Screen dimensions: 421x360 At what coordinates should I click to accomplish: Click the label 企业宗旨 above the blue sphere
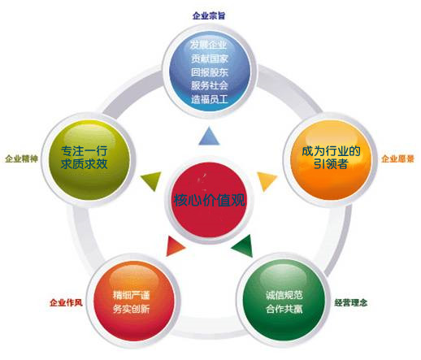point(209,15)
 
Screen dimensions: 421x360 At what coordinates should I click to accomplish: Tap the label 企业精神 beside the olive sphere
point(21,158)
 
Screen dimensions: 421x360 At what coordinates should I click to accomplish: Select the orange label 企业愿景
point(397,158)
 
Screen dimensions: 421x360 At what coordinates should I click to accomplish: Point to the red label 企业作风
point(66,302)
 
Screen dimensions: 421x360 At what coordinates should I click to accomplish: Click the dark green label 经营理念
point(351,302)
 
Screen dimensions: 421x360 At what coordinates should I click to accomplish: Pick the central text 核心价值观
point(209,200)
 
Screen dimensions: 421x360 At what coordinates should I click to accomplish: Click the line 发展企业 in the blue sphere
point(208,45)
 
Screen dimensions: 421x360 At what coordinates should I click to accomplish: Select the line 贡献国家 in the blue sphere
point(210,59)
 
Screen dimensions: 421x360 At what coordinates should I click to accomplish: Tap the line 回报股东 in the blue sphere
point(210,72)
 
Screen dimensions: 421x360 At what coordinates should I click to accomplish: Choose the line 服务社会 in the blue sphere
point(210,85)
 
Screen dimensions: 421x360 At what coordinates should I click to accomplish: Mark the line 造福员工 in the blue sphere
point(210,99)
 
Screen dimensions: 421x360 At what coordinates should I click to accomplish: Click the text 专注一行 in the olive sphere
point(85,150)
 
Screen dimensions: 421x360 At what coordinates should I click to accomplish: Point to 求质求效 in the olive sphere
point(85,164)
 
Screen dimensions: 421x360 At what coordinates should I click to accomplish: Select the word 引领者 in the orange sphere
point(331,164)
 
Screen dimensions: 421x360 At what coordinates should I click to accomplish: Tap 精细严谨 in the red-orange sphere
point(131,295)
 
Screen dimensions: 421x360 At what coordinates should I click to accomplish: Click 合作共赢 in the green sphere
point(284,309)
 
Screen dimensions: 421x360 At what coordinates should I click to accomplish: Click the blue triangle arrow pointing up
point(209,137)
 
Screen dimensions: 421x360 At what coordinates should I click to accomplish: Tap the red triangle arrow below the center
point(174,246)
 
